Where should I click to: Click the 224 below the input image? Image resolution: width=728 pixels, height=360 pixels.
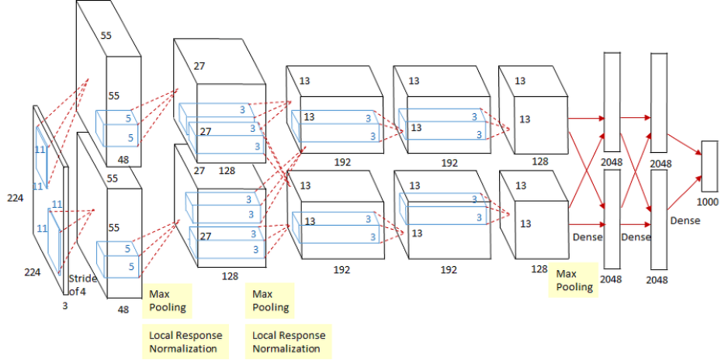pyautogui.click(x=31, y=272)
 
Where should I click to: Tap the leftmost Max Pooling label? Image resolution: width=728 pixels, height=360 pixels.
pyautogui.click(x=168, y=300)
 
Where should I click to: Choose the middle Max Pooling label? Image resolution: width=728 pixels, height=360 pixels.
pyautogui.click(x=272, y=300)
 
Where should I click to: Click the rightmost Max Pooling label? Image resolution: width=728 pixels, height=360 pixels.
pyautogui.click(x=575, y=280)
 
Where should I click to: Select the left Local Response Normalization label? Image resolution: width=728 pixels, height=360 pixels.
pyautogui.click(x=185, y=341)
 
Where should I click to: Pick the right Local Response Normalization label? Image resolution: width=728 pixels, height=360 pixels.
pyautogui.click(x=289, y=341)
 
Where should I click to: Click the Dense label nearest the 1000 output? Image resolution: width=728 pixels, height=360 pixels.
pyautogui.click(x=685, y=220)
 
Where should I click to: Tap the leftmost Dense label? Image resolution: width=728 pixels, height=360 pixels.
pyautogui.click(x=587, y=236)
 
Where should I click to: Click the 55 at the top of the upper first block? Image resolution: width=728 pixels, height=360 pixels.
pyautogui.click(x=107, y=36)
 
